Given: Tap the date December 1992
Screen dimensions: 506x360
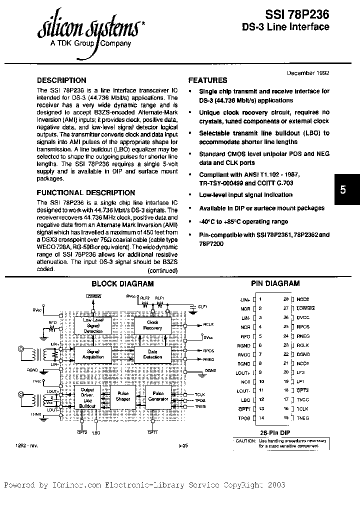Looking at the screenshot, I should (308, 72).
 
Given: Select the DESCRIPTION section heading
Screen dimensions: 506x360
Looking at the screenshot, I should (62, 80).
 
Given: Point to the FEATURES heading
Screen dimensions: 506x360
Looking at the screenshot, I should (207, 80).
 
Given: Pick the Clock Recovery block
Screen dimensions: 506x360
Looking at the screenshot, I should (153, 325).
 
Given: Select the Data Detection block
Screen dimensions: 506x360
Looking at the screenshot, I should (153, 354).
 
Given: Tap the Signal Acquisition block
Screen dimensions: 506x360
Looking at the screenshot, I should (93, 354).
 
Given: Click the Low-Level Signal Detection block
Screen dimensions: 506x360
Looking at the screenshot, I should (93, 325).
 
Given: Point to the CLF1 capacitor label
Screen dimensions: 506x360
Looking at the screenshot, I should (202, 307).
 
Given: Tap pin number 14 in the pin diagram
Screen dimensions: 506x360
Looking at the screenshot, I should (260, 417).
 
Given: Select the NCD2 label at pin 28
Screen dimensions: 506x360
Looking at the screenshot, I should (303, 298).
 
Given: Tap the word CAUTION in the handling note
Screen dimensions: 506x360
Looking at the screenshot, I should (245, 440).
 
